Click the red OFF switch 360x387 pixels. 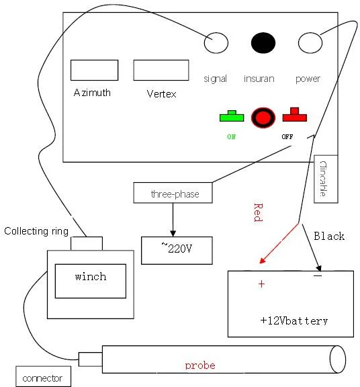[x=294, y=115]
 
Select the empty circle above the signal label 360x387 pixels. [x=216, y=43]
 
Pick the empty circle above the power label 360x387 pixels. [x=310, y=43]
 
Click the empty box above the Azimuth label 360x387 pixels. [x=94, y=70]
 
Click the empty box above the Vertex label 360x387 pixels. [x=161, y=70]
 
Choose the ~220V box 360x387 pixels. [x=176, y=250]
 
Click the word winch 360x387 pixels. [x=90, y=277]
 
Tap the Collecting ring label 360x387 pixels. [x=36, y=232]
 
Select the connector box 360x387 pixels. [x=42, y=378]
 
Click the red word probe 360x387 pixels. [x=199, y=365]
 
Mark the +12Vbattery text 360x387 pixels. [x=294, y=320]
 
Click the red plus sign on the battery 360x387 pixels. [x=261, y=285]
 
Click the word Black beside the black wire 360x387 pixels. [x=329, y=236]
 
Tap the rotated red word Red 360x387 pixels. [x=257, y=212]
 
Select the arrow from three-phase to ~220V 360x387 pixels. [x=173, y=219]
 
